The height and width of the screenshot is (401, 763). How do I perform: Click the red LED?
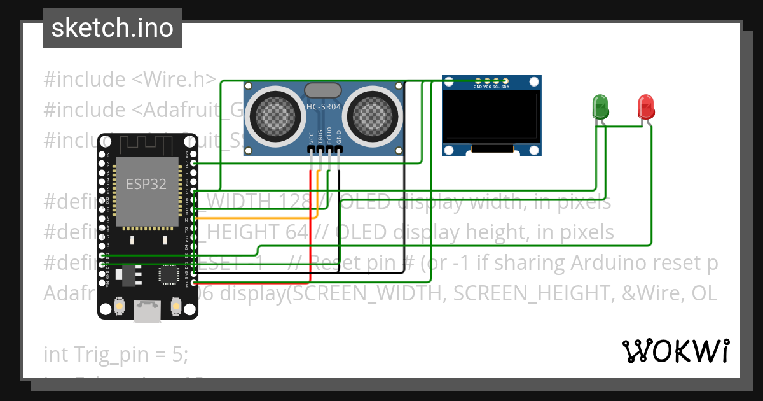point(646,106)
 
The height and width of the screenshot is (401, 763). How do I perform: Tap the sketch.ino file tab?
point(113,28)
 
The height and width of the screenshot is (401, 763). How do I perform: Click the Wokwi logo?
point(675,351)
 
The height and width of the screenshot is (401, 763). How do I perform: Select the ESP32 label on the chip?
point(146,185)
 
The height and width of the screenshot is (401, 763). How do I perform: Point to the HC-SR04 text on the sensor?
point(324,107)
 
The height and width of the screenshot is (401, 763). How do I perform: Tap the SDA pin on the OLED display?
point(505,85)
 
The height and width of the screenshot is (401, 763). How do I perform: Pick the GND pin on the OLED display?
point(478,85)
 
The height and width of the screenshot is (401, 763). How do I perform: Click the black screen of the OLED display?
point(491,116)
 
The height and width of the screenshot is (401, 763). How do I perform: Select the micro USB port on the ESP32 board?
point(148,311)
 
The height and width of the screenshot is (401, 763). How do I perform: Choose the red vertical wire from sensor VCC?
point(310,223)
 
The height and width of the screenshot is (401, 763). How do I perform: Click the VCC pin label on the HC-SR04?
point(311,137)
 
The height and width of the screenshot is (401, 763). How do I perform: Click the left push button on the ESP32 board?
point(119,308)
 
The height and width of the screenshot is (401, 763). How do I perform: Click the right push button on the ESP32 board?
point(176,308)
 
